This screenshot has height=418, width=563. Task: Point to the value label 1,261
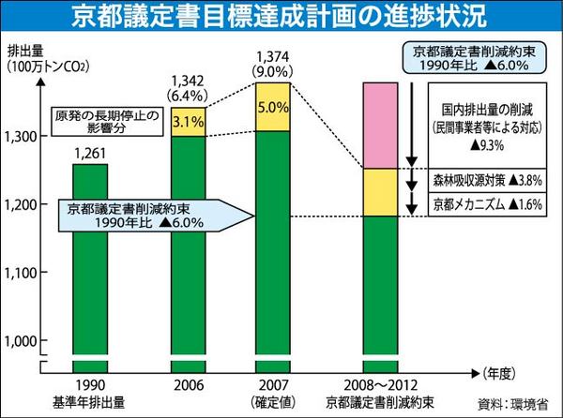pyautogui.click(x=91, y=153)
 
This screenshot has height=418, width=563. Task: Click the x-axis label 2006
pyautogui.click(x=189, y=384)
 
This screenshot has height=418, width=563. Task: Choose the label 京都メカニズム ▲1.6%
pyautogui.click(x=487, y=202)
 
